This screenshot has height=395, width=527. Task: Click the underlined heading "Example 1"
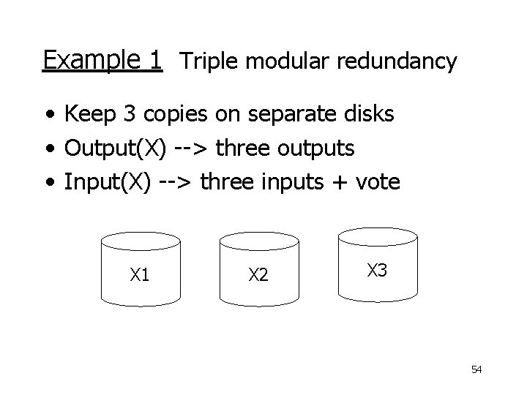click(102, 61)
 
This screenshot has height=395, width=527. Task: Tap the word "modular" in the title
click(288, 61)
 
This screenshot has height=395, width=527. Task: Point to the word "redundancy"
click(397, 61)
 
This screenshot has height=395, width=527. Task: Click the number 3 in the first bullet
click(130, 113)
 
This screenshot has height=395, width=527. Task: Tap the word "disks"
click(369, 113)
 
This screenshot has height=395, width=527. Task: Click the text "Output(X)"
click(116, 148)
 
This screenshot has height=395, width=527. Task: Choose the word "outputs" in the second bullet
click(315, 148)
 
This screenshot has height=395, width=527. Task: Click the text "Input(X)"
click(108, 182)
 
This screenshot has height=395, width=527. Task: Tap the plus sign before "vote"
click(340, 182)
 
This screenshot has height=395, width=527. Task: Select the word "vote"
click(378, 182)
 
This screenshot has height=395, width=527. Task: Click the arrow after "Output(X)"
click(191, 148)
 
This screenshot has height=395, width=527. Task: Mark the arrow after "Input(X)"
click(175, 182)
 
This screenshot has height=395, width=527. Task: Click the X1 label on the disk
click(140, 274)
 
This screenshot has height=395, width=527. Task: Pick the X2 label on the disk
click(258, 274)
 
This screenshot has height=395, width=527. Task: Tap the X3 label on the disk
click(377, 270)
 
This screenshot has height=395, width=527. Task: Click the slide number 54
click(476, 369)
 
